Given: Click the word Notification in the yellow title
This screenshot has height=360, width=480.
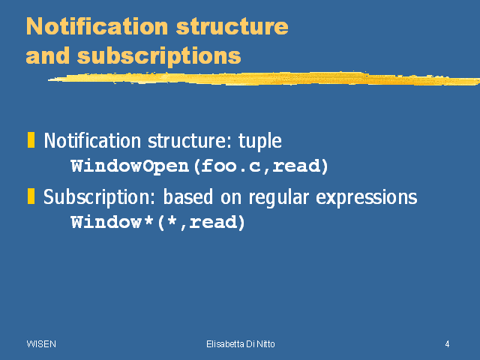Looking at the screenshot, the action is [97, 26].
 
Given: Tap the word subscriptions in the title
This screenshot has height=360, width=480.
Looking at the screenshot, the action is [159, 57].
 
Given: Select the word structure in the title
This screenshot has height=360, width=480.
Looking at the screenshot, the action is [232, 27].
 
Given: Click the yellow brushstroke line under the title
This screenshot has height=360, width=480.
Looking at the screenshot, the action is [264, 78].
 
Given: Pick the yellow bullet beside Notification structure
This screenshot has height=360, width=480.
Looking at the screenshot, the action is [31, 140].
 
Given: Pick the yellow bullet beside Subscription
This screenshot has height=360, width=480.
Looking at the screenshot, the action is [31, 196].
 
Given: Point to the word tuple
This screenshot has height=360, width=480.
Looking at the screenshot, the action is [260, 142].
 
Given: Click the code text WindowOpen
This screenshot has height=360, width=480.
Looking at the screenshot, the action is [130, 166].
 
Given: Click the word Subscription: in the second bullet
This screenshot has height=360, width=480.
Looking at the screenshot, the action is [99, 197].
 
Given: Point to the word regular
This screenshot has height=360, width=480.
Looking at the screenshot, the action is [278, 197].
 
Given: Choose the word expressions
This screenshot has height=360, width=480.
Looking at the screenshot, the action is [367, 197].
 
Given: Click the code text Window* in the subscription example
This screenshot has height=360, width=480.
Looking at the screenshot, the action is [112, 222].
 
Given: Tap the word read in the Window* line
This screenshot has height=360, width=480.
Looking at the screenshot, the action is [213, 222].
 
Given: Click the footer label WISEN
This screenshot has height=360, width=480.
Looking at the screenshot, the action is [41, 344].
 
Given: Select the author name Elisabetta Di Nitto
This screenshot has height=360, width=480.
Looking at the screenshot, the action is [241, 344].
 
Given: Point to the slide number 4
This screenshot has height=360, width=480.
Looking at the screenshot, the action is [447, 344].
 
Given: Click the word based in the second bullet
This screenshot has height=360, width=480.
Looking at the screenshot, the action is [188, 196].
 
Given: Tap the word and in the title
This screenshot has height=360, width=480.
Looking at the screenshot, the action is [48, 56].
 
